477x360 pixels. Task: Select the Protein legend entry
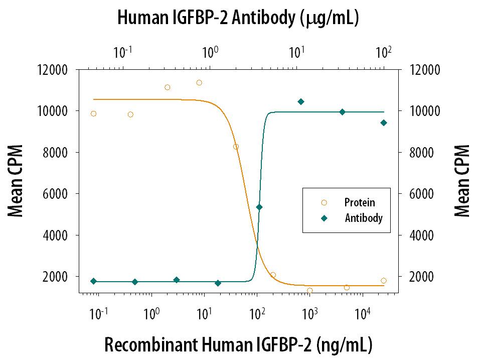359,203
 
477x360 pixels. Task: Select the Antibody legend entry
363,218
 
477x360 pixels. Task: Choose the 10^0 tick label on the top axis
210,51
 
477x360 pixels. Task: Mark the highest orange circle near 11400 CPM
199,82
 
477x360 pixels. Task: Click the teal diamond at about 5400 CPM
259,207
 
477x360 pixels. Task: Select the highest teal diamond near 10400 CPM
301,101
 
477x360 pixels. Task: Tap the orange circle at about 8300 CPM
236,147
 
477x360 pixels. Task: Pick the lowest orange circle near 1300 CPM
310,290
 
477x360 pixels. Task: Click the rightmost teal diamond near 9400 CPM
384,123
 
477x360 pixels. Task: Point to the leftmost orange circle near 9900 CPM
93,113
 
